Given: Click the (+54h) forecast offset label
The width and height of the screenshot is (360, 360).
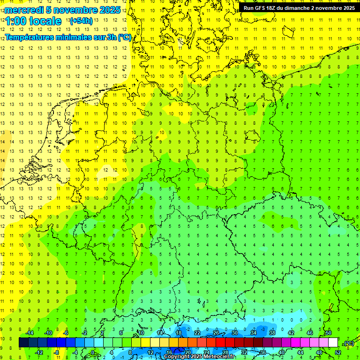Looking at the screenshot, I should [x=81, y=21].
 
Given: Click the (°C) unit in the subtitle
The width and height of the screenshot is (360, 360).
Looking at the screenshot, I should [x=124, y=37].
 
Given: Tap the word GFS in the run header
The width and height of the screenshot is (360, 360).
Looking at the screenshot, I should [x=260, y=7].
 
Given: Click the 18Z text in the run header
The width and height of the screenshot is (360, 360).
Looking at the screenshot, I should [x=273, y=7].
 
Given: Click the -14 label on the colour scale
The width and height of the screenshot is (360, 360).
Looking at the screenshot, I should [x=29, y=333].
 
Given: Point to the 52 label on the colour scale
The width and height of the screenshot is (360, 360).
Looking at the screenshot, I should [x=338, y=352].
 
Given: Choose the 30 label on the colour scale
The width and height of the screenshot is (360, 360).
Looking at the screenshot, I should [x=234, y=333].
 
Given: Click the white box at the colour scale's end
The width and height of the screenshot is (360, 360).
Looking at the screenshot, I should [x=333, y=343].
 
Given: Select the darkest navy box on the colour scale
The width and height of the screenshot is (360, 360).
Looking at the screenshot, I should [x=23, y=343].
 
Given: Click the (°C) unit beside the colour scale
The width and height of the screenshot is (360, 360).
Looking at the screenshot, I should [x=349, y=343].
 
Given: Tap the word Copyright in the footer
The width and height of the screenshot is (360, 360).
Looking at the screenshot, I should [x=177, y=357].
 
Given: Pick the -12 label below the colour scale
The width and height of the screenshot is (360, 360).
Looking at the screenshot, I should [x=39, y=352].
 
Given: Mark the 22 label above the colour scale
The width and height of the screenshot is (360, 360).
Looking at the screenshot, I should [x=197, y=333].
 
